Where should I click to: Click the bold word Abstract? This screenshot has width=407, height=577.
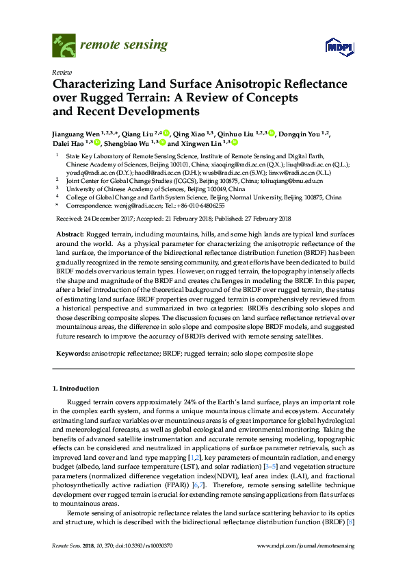point(68,235)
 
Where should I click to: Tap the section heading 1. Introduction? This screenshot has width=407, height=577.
point(75,389)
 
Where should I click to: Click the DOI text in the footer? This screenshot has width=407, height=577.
point(136,545)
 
